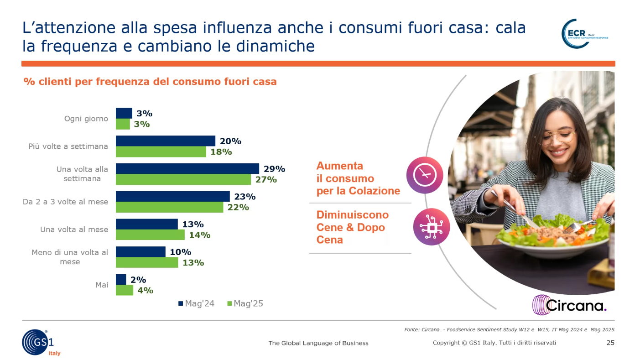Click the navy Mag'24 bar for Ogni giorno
coord(124,113)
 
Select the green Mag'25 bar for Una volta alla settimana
coord(183,179)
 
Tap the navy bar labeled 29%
coord(187,169)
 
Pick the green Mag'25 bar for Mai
coord(124,290)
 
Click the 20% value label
coord(230,141)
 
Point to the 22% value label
coord(238,207)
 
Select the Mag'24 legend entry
coord(196,303)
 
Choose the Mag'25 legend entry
coord(245,303)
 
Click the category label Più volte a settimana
coord(68,146)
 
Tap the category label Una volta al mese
coord(74,230)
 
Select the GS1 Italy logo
coord(40,342)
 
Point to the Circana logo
coord(569,305)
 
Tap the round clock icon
coord(425,175)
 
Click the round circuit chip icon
coord(431,227)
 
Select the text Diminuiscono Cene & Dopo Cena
coord(352,227)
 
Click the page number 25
coord(610,343)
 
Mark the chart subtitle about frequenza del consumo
coord(150,82)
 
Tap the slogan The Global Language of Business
coord(318,343)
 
